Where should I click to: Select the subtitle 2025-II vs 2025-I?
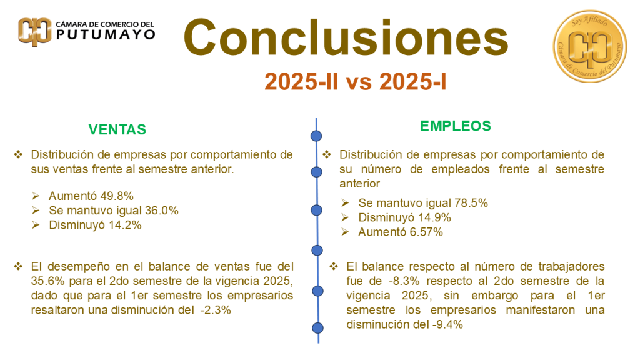(x=356, y=82)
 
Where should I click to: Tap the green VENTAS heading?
(x=117, y=129)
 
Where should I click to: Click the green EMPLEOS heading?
(x=456, y=126)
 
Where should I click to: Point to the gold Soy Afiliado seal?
(x=590, y=46)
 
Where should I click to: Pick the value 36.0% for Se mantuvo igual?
(x=162, y=211)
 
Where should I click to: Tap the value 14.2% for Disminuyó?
(x=125, y=225)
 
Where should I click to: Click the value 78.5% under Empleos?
(x=471, y=203)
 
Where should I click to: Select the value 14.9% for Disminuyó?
(x=434, y=217)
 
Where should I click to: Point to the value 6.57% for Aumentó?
(x=426, y=232)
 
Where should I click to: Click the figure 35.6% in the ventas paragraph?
(x=48, y=281)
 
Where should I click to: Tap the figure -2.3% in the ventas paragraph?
(x=216, y=310)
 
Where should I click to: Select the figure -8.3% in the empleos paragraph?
(x=404, y=281)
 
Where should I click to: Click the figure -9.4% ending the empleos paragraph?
(x=447, y=325)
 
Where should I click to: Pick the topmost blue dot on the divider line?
(x=316, y=136)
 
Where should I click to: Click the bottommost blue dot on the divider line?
(x=318, y=327)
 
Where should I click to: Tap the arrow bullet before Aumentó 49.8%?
(x=36, y=196)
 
